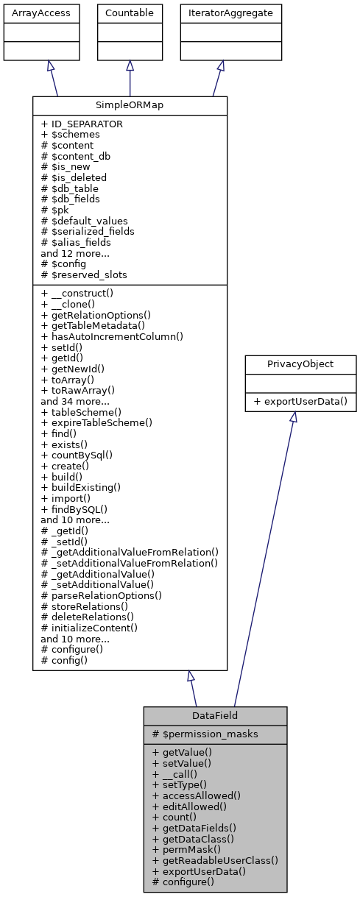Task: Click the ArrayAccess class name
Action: (30, 13)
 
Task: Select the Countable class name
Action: (130, 13)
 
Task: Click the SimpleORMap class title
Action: (130, 105)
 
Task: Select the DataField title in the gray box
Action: (215, 716)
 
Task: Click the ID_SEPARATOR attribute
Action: (82, 124)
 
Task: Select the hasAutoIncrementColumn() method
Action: (111, 336)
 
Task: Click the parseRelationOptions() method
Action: (102, 595)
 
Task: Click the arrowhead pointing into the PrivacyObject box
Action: (293, 417)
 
